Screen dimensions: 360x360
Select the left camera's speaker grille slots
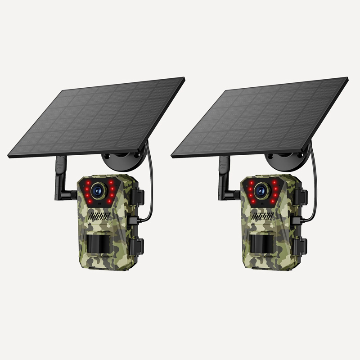[98, 216]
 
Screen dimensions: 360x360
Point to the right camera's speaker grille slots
[261, 216]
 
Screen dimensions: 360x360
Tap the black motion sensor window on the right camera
[261, 244]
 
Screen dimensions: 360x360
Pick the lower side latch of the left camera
[138, 246]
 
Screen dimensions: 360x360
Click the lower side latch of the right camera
[301, 246]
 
